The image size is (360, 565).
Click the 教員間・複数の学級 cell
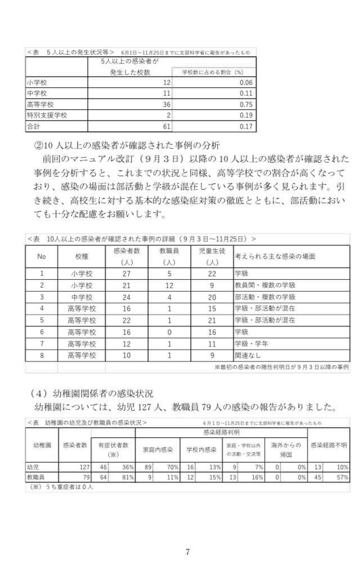[x=264, y=285]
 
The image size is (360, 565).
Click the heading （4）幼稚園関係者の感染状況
[x=93, y=393]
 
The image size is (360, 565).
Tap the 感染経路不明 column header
[x=328, y=445]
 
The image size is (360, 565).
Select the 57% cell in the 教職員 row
[x=342, y=477]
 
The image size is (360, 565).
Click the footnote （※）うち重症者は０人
[x=60, y=487]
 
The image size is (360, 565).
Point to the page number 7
[x=187, y=551]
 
